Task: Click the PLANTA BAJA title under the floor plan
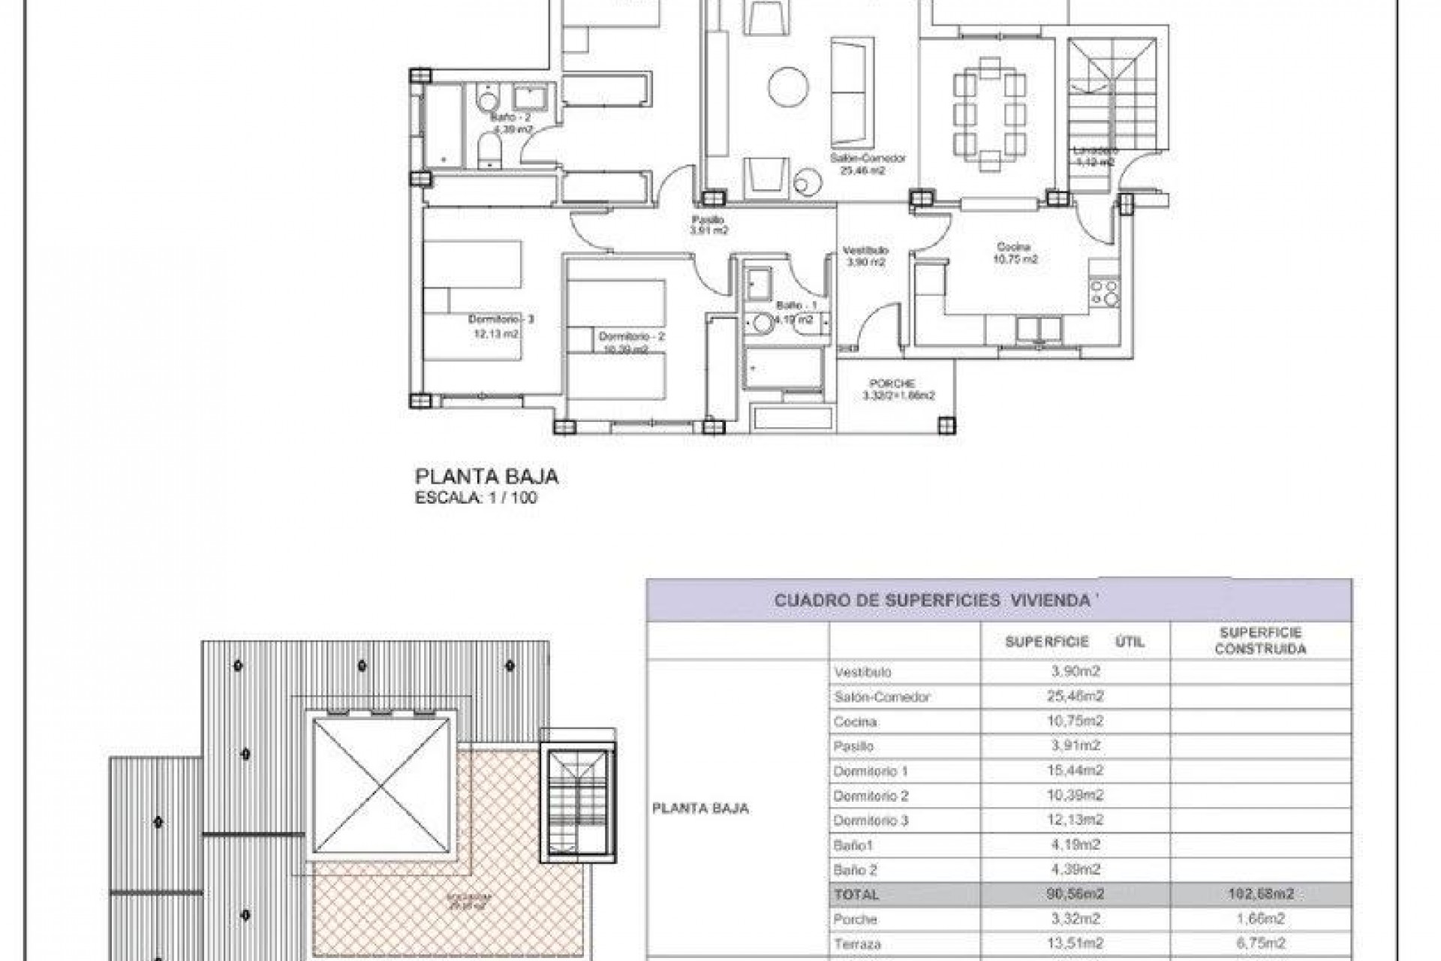pyautogui.click(x=486, y=477)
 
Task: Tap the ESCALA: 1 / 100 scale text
pyautogui.click(x=476, y=497)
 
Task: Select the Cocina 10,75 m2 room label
pyautogui.click(x=1016, y=253)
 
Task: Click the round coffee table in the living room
pyautogui.click(x=789, y=88)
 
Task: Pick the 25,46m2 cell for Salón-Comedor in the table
pyautogui.click(x=1075, y=697)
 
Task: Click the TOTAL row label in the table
pyautogui.click(x=856, y=894)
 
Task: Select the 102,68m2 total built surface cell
pyautogui.click(x=1260, y=894)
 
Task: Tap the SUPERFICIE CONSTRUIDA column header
pyautogui.click(x=1260, y=640)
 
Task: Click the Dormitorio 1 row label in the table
pyautogui.click(x=871, y=771)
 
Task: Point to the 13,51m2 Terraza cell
pyautogui.click(x=1075, y=944)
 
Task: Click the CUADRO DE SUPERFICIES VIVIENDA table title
pyautogui.click(x=931, y=601)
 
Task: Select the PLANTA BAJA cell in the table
pyautogui.click(x=700, y=809)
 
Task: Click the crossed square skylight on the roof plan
pyautogui.click(x=383, y=785)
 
